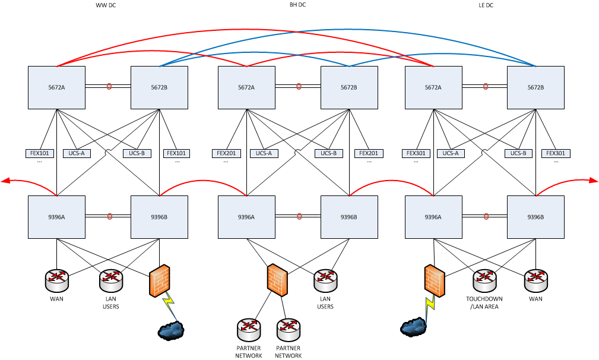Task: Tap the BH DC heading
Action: tap(297, 5)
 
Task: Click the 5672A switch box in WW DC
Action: tap(57, 87)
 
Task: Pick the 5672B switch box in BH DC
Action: tap(349, 87)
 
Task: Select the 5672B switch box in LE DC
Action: tap(535, 87)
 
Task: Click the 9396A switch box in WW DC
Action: tap(57, 217)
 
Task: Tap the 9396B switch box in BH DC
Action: tap(349, 217)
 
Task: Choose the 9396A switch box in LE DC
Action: tap(433, 217)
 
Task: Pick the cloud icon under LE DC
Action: tap(414, 327)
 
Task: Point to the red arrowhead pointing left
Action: tap(5, 181)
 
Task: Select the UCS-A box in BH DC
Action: tap(264, 153)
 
